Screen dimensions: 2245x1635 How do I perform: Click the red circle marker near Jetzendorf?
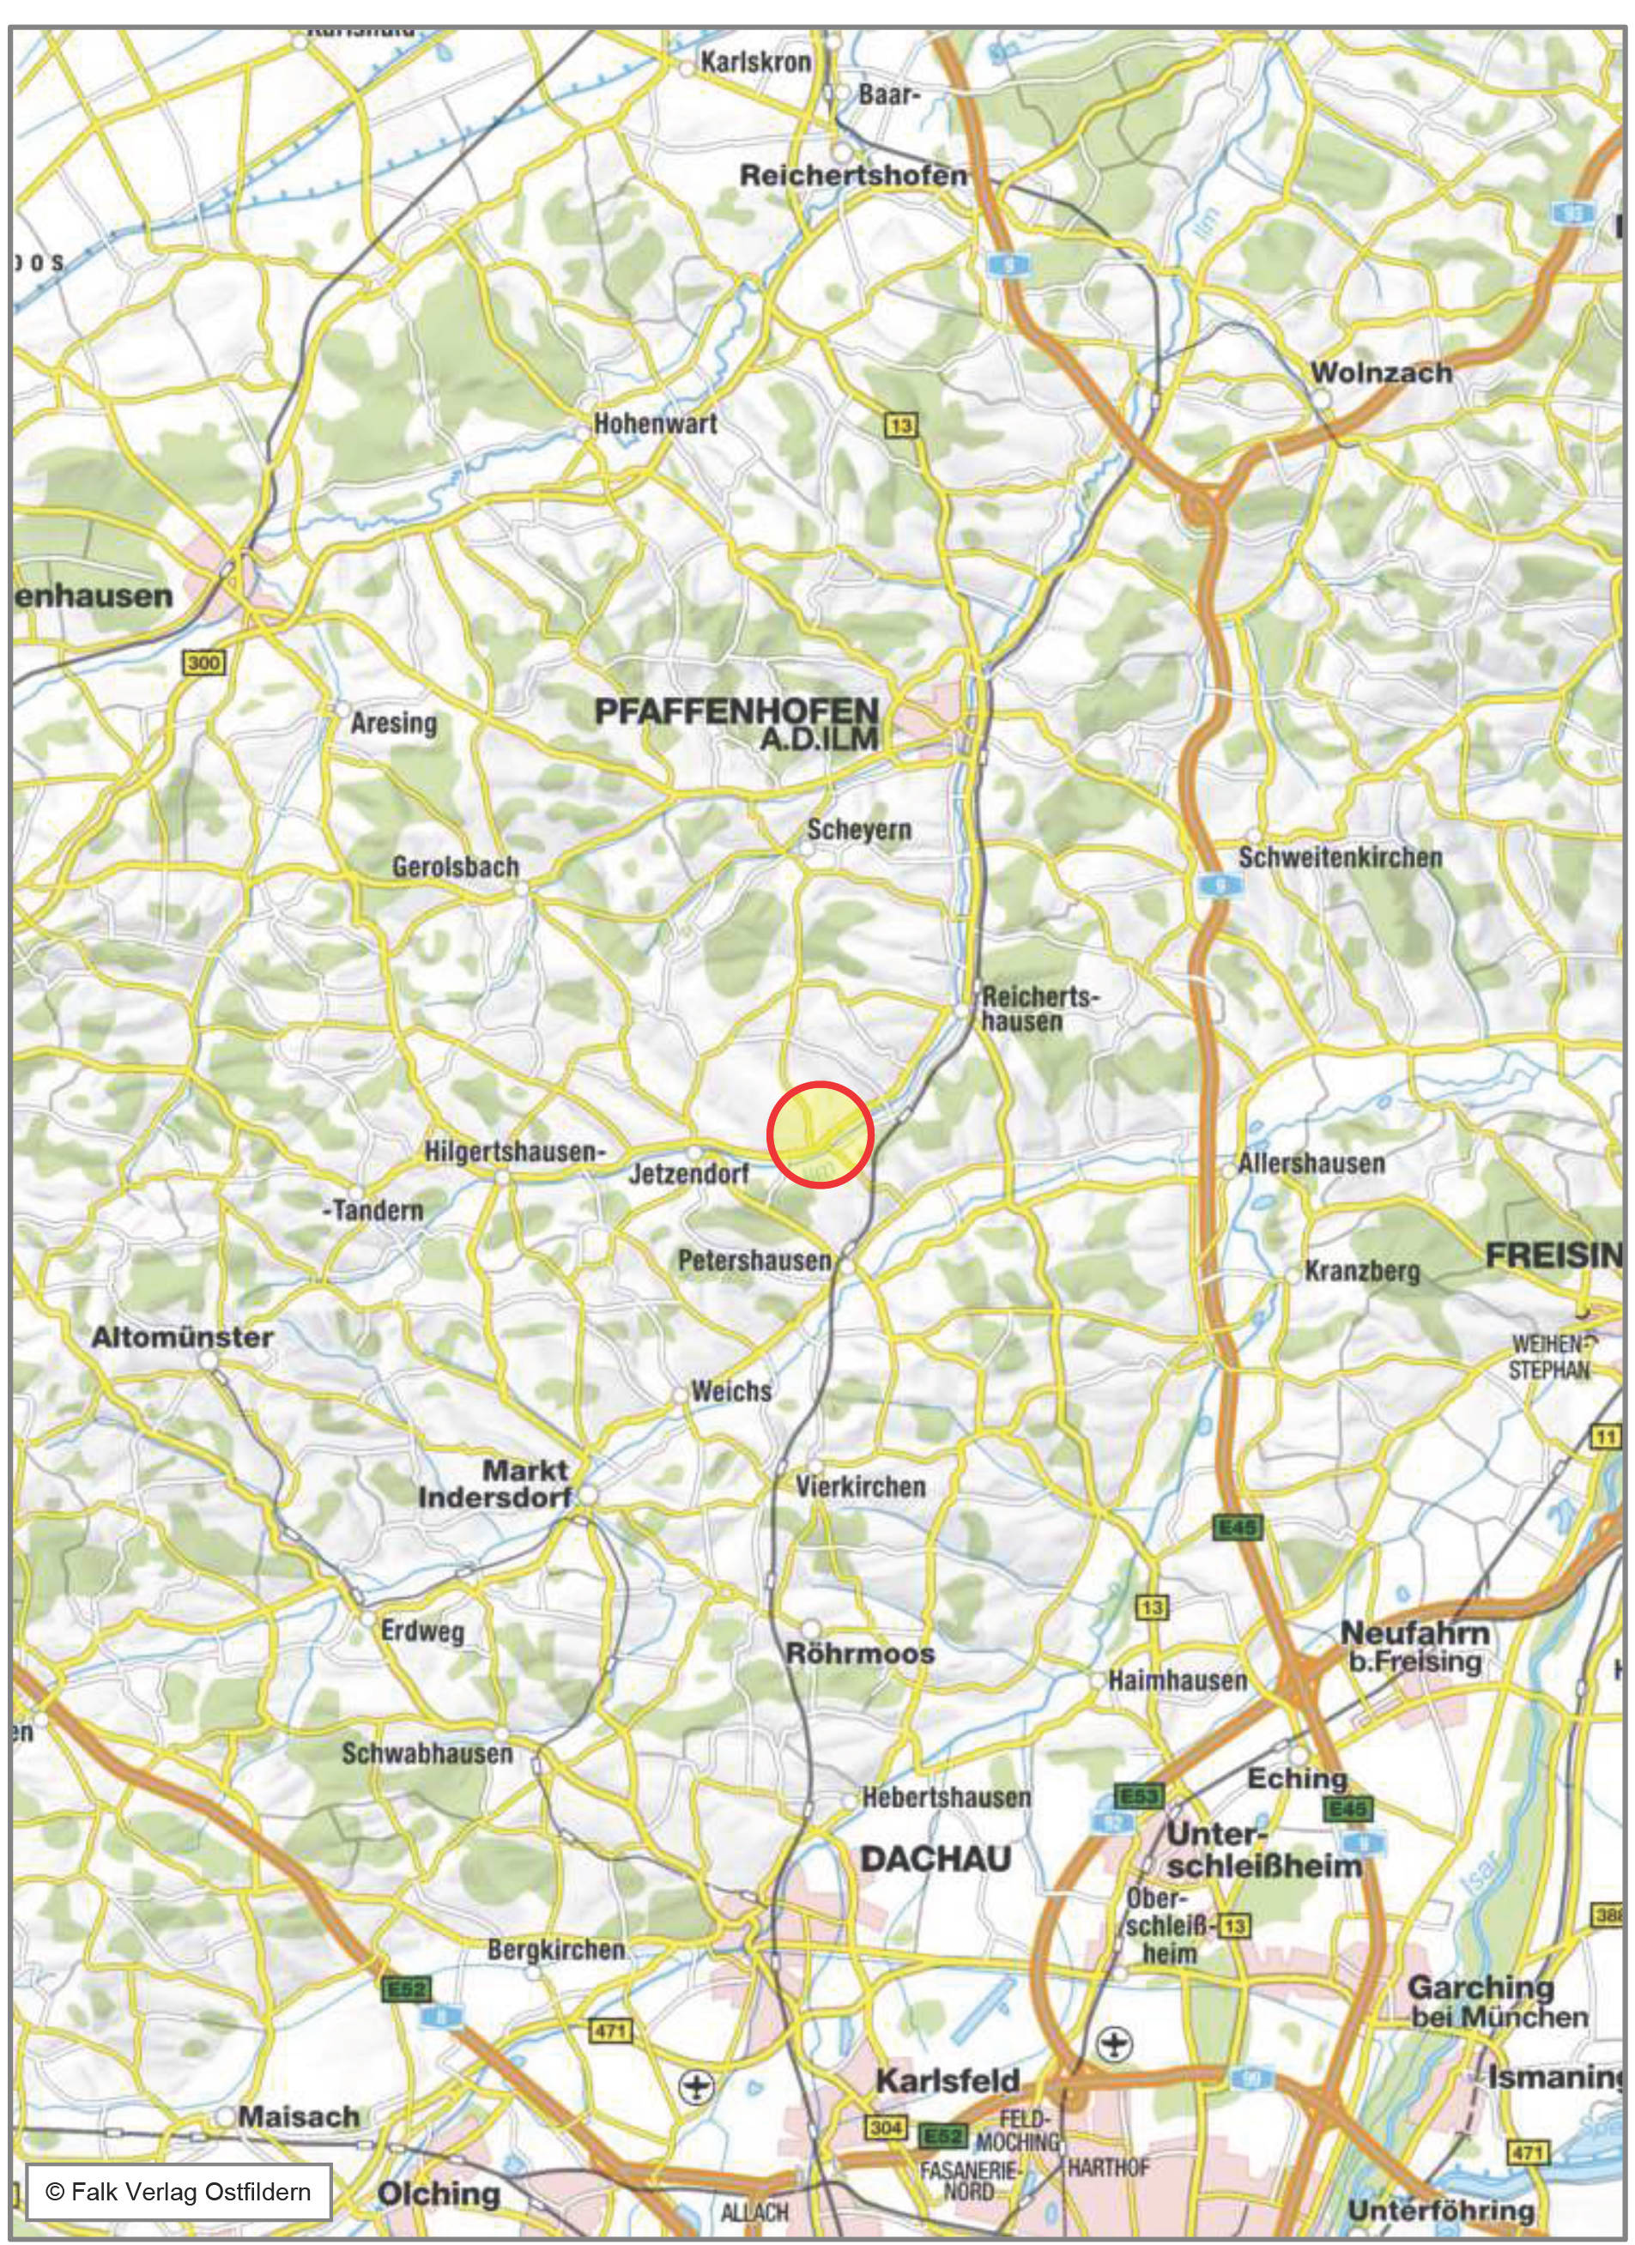pos(820,1135)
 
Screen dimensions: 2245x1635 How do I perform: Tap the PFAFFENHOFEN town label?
pos(736,711)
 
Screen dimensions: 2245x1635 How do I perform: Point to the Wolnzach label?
pos(1382,374)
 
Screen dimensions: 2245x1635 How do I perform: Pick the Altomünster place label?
pos(182,1337)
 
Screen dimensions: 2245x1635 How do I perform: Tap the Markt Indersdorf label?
pos(495,1483)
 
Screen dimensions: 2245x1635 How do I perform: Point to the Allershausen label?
pos(1311,1163)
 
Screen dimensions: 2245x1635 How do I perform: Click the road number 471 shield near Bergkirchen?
pos(609,2032)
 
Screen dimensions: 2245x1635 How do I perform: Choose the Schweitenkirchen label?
pos(1340,857)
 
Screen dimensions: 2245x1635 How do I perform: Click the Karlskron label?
pos(755,63)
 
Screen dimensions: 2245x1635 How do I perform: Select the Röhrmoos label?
pos(860,1653)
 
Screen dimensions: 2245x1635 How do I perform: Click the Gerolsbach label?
pos(455,866)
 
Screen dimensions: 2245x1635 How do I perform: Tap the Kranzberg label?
pos(1362,1271)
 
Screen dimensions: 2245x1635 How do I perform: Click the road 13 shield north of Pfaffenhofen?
pos(900,425)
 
